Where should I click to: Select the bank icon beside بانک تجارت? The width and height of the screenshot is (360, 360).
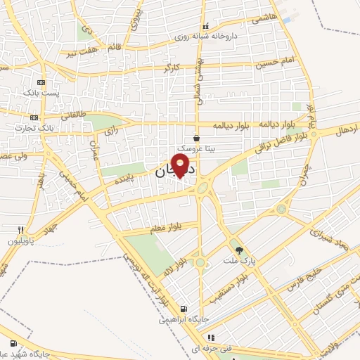click(x=34, y=117)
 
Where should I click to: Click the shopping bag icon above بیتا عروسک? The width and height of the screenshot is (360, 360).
click(x=196, y=139)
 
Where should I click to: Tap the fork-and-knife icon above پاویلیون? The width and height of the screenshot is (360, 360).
click(x=22, y=230)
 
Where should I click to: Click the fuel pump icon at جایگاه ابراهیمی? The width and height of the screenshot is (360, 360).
click(x=184, y=309)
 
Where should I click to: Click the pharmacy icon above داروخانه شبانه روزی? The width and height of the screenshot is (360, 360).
click(x=205, y=25)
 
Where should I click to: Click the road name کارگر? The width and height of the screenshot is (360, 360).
click(x=172, y=68)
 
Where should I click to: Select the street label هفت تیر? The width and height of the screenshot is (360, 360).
click(x=79, y=52)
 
